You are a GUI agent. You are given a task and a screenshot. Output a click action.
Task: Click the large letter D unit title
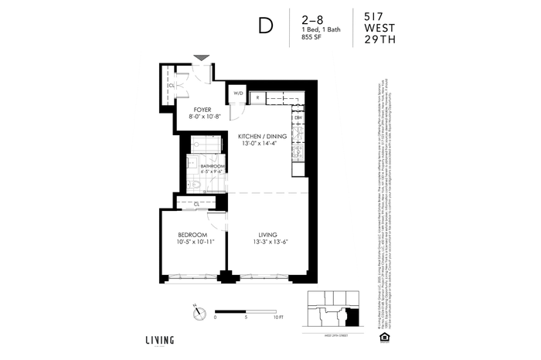point(265,26)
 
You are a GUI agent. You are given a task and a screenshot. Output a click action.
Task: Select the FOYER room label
point(203,110)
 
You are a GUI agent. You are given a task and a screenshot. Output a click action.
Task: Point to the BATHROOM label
point(213,167)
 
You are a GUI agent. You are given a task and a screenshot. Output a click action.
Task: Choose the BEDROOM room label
point(192,234)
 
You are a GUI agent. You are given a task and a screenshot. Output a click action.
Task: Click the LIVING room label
point(267,234)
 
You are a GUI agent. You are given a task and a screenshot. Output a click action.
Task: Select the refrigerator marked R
point(257,97)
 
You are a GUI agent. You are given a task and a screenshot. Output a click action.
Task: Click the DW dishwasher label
point(297,117)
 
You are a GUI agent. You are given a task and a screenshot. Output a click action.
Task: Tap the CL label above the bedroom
point(197,203)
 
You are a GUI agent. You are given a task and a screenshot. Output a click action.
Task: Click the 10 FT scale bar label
point(279,317)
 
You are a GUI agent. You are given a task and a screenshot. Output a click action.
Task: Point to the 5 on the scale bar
point(246,317)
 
